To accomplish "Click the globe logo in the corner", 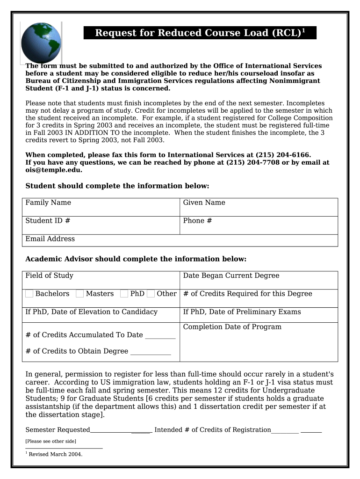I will click(x=41, y=43).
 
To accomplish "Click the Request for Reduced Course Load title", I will click(x=200, y=33).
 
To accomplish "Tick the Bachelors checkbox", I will click(x=29, y=294).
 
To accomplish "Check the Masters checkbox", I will click(x=80, y=294).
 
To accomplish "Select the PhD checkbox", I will click(x=124, y=294).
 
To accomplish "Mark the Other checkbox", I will click(x=151, y=294).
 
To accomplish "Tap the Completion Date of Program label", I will click(x=232, y=327).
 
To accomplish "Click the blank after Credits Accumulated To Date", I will click(x=160, y=335).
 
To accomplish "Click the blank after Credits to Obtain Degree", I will click(x=151, y=351).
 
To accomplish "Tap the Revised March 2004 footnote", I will click(x=55, y=454).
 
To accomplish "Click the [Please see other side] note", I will click(x=50, y=441).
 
